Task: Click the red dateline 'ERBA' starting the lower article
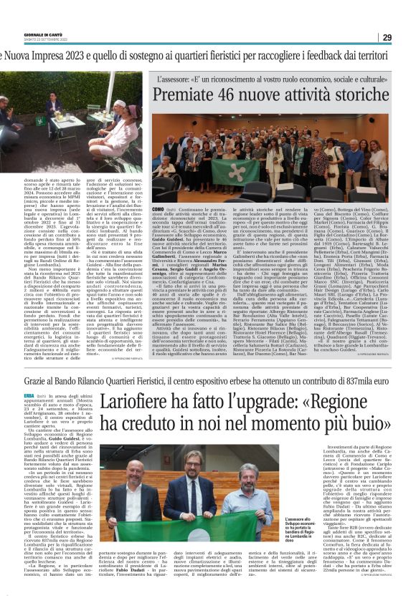9,395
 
